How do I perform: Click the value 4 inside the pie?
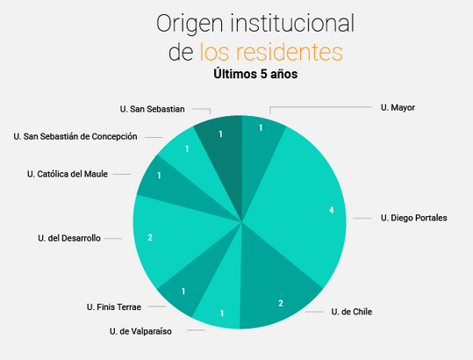point(331,210)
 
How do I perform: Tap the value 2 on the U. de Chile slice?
point(281,303)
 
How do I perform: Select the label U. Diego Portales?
point(414,218)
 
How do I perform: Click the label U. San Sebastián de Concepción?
point(75,136)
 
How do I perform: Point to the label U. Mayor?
point(398,107)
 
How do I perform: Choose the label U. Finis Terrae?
point(114,307)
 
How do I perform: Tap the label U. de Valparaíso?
point(140,331)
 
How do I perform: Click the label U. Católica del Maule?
point(68,174)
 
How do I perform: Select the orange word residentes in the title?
point(289,52)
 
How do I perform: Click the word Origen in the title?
point(190,25)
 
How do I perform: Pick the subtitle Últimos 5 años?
point(255,74)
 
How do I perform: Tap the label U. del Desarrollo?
point(69,238)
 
